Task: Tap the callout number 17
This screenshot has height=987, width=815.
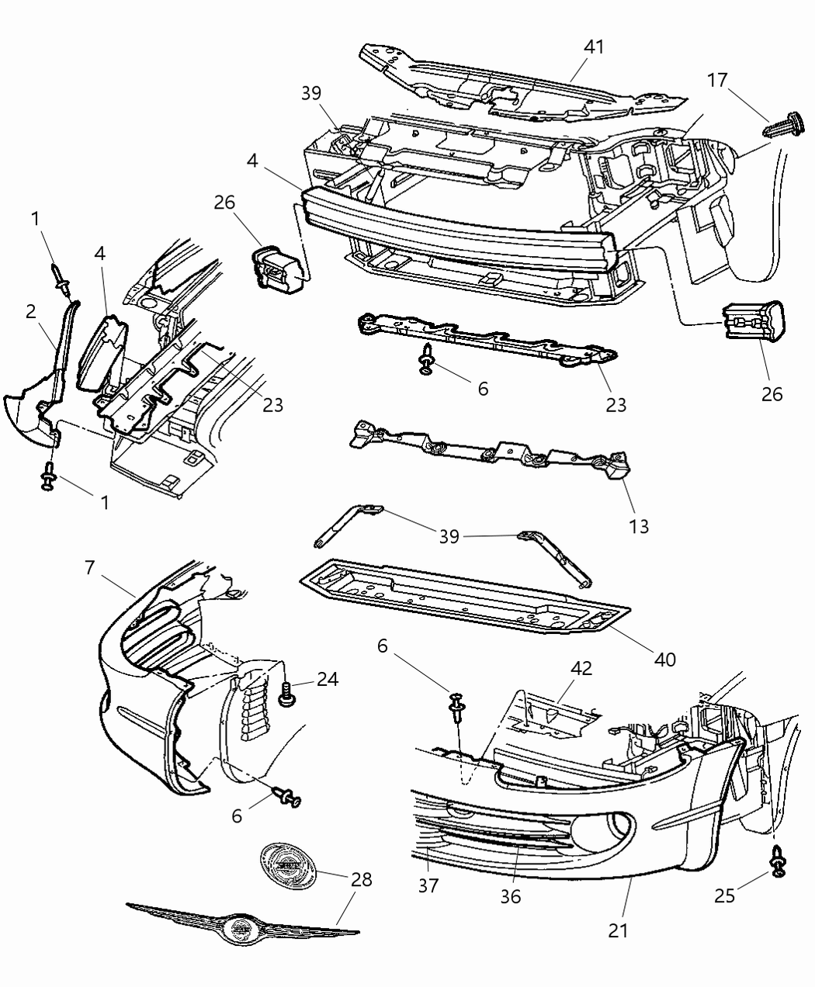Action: (719, 81)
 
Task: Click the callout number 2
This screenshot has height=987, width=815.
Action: (30, 312)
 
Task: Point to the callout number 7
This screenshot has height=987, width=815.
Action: (89, 568)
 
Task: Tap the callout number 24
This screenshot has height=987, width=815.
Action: (328, 678)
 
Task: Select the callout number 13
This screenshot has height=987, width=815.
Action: (639, 527)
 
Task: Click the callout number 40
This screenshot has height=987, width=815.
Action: (664, 660)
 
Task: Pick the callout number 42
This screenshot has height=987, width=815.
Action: (582, 668)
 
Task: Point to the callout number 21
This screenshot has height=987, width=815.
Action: (618, 930)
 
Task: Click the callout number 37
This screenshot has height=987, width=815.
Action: (428, 885)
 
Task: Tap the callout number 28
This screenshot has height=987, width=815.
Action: (361, 879)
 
